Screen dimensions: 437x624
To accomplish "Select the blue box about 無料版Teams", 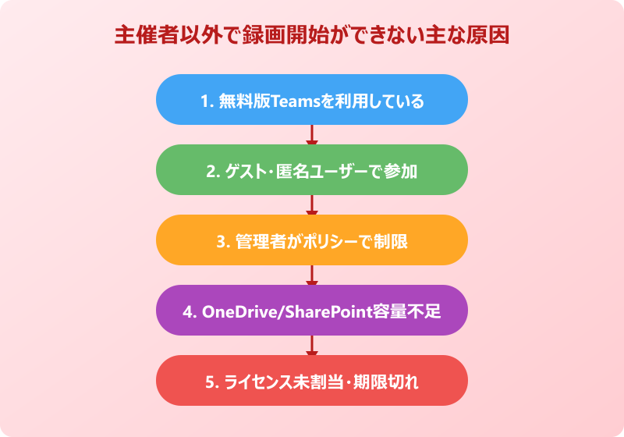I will tap(312, 100).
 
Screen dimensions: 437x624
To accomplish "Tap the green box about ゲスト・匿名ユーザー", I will tap(312, 170).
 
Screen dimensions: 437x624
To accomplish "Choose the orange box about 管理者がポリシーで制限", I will tap(312, 240).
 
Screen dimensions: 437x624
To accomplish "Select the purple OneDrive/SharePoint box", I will tap(312, 311).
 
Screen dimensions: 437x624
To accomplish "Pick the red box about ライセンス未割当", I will tap(312, 381).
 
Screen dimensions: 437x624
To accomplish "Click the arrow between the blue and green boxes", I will tap(312, 136).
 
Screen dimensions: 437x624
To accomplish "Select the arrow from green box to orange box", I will tap(312, 206).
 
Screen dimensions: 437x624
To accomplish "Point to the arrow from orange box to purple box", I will tap(312, 276).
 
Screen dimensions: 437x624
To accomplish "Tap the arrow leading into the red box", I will tap(312, 346).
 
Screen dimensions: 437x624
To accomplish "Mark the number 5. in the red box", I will tap(211, 382).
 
